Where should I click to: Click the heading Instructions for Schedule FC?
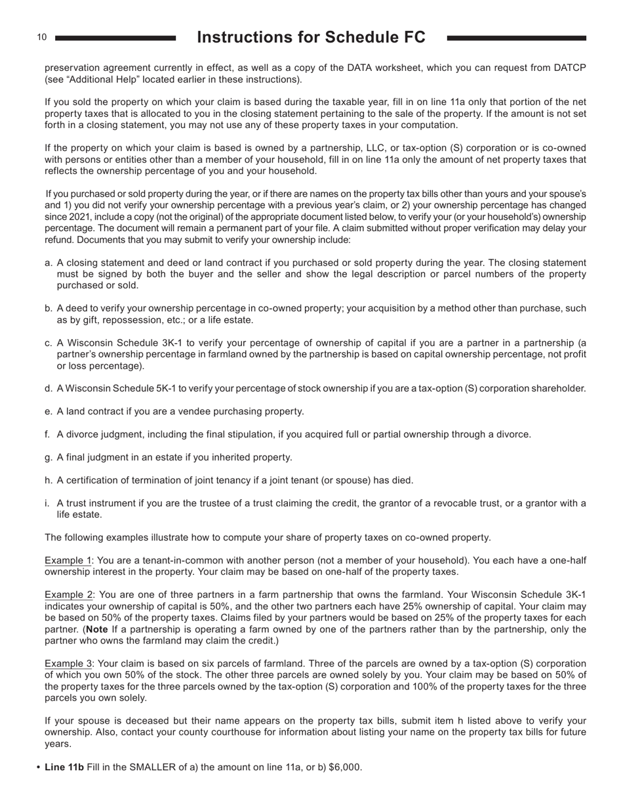[311, 37]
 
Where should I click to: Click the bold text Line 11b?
[64, 767]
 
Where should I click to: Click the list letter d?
[48, 388]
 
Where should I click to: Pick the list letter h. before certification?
[48, 480]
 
